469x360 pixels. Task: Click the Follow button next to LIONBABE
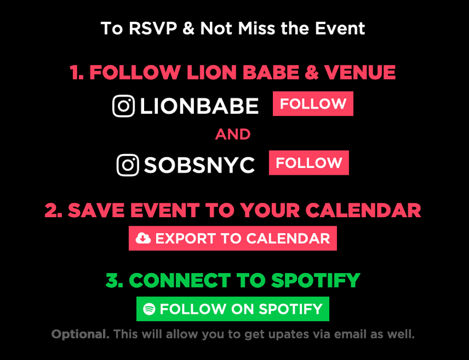coord(313,103)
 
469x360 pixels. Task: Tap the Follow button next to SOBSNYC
coord(309,163)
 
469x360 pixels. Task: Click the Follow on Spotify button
coord(233,309)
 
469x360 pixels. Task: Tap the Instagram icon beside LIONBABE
coord(124,106)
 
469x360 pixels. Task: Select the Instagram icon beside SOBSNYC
coord(128,165)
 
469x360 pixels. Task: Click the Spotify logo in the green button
coord(149,309)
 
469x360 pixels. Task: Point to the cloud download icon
coord(143,238)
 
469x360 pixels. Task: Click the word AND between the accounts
coord(233,134)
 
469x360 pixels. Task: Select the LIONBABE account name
coord(199,106)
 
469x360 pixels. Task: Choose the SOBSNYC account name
coord(199,165)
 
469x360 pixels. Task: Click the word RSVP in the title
coord(153,29)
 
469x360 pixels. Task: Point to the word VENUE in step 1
coord(360,73)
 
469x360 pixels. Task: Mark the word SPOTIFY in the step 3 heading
coord(316,281)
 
